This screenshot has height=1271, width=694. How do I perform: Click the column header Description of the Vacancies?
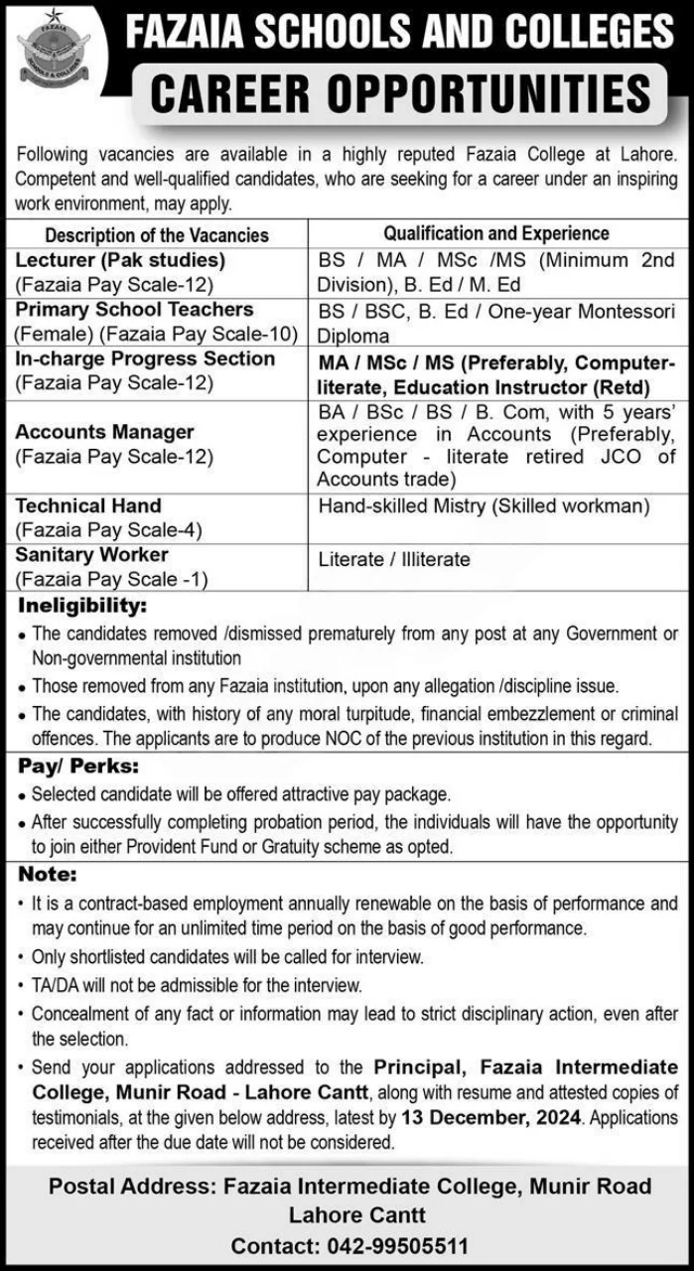click(x=157, y=235)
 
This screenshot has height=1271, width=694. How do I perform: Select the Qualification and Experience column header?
click(x=496, y=233)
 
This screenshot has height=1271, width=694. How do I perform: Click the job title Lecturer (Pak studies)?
click(x=120, y=260)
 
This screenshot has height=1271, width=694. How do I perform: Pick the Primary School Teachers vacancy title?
click(x=134, y=309)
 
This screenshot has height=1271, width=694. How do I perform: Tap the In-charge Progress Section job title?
click(x=145, y=358)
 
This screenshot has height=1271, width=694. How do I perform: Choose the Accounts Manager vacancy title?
click(x=104, y=432)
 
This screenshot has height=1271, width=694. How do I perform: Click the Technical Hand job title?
click(x=87, y=505)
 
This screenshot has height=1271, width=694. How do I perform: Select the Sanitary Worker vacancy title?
click(x=91, y=554)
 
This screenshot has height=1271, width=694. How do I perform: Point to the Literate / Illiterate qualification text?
click(x=394, y=559)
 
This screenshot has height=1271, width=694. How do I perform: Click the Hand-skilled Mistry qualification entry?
click(x=484, y=506)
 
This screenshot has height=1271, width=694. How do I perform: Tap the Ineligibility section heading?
click(x=80, y=605)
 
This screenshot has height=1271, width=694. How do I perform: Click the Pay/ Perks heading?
click(x=77, y=767)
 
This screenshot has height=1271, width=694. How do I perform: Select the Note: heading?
click(x=46, y=875)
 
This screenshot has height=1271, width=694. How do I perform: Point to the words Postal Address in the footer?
click(x=130, y=1186)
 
